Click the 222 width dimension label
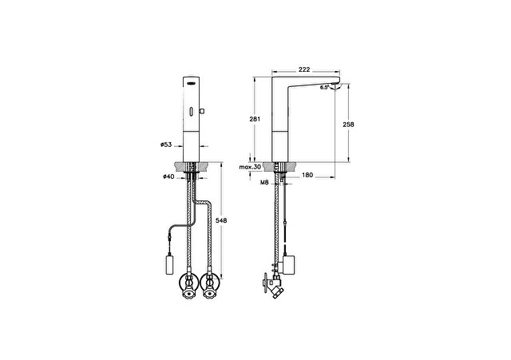304,69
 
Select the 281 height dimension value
255,119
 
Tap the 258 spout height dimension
348,125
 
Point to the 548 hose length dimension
221,220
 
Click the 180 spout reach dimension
307,175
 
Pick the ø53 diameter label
166,144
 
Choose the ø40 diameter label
168,176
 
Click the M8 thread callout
264,183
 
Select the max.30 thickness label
250,167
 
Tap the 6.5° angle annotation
324,87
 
